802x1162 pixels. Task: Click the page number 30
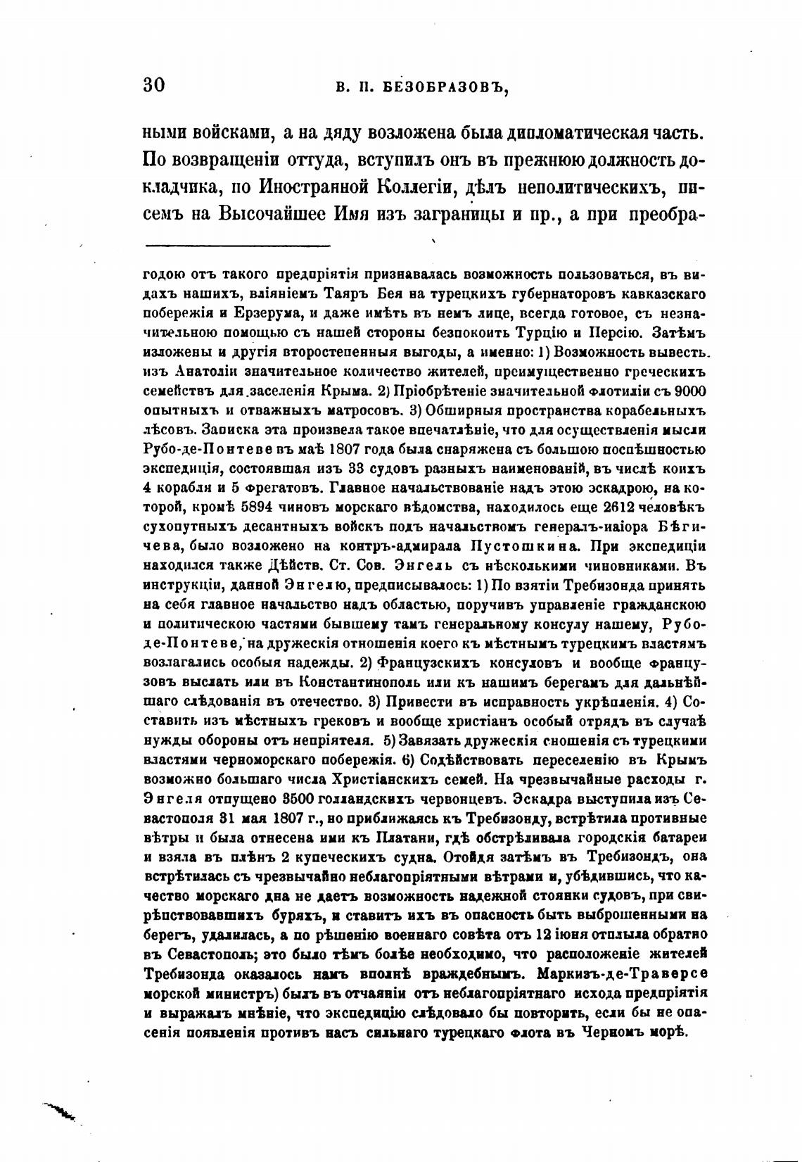coord(153,85)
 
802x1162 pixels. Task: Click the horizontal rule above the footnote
coord(237,246)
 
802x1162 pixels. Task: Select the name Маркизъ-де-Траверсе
coord(622,974)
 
